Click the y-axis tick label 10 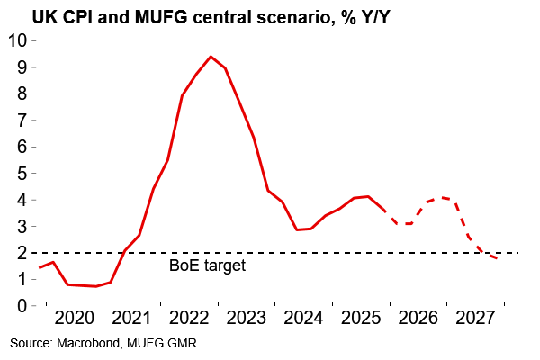pyautogui.click(x=16, y=40)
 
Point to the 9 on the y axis pyautogui.click(x=20, y=67)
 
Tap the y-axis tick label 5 pyautogui.click(x=20, y=173)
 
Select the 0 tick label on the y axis pyautogui.click(x=20, y=305)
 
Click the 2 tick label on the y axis pyautogui.click(x=20, y=253)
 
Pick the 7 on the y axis pyautogui.click(x=20, y=120)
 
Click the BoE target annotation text pyautogui.click(x=208, y=266)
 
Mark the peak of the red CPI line pyautogui.click(x=211, y=57)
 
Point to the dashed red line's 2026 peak pyautogui.click(x=442, y=197)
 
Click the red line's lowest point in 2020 pyautogui.click(x=95, y=286)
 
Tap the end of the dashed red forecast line pyautogui.click(x=498, y=258)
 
